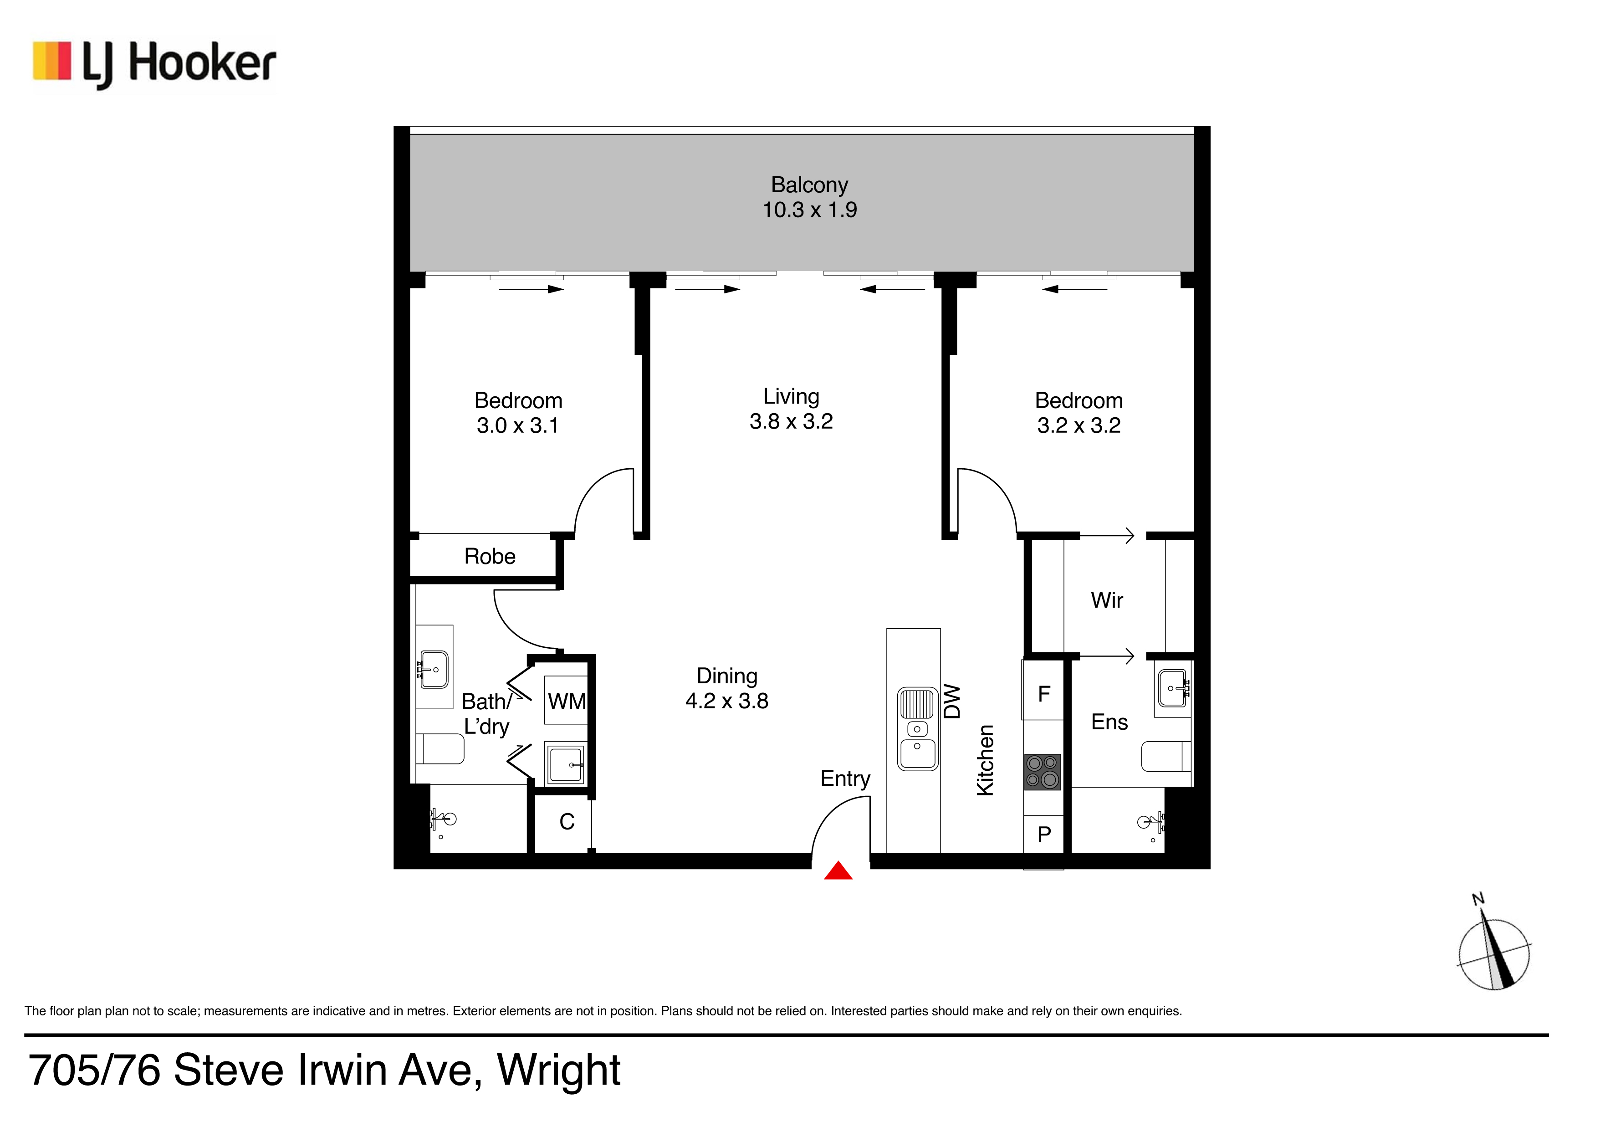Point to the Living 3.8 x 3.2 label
pos(791,409)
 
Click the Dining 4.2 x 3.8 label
pos(727,688)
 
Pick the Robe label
pos(490,556)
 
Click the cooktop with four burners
pos(1043,772)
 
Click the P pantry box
pos(1044,834)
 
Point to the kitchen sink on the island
pos(918,728)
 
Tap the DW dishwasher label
pos(952,701)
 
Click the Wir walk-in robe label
pos(1107,600)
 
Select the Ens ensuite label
pos(1109,722)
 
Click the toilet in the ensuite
pos(1166,756)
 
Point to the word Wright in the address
pos(559,1070)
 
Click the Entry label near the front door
pos(845,779)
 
